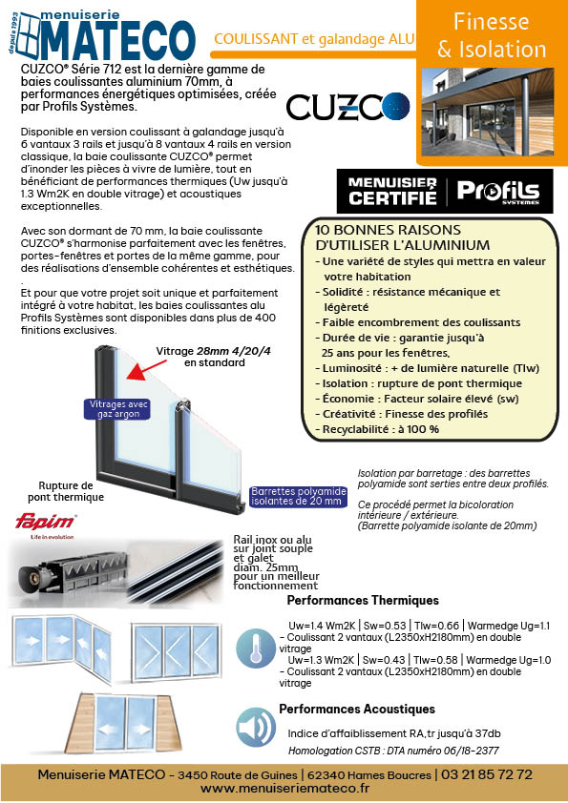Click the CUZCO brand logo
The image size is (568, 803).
[348, 107]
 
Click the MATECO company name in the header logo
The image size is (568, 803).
[119, 41]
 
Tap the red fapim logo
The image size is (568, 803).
[46, 522]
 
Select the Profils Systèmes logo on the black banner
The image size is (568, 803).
[497, 192]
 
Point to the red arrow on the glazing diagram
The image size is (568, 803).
[146, 370]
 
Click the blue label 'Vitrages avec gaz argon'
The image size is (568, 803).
[118, 409]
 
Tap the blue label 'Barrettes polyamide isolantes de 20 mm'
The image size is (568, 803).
[299, 496]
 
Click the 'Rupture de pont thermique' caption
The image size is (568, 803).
[66, 491]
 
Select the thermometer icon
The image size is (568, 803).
[255, 648]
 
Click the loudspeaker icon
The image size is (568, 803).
[255, 728]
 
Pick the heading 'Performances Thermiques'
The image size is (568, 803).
[363, 600]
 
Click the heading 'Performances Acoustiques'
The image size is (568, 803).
[357, 710]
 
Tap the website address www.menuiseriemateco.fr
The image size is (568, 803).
[284, 789]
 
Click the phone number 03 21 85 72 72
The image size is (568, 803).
[487, 774]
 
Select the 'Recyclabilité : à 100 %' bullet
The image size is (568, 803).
[377, 429]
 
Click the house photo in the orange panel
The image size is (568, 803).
[488, 112]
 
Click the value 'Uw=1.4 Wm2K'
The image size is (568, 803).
[322, 626]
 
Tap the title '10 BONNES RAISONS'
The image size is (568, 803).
[388, 230]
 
